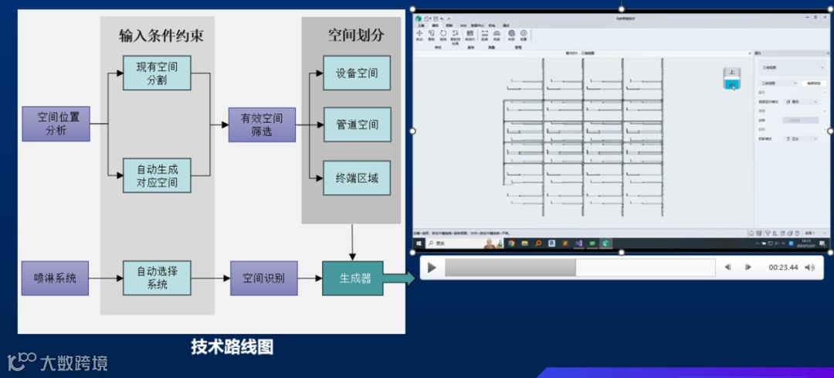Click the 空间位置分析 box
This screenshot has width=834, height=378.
tap(56, 124)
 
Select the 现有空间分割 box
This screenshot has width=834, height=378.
tap(157, 73)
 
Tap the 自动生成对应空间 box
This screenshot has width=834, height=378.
tap(157, 175)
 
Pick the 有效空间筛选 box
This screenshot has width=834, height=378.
tap(262, 124)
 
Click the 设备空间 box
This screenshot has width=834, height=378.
tap(356, 73)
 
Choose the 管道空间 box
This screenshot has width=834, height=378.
tap(356, 124)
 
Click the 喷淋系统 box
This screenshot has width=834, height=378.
tap(55, 278)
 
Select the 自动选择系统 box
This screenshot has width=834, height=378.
tap(157, 278)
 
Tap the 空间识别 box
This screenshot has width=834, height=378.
tap(263, 278)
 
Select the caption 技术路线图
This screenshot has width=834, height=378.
tap(232, 346)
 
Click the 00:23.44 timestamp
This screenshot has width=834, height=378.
tap(782, 267)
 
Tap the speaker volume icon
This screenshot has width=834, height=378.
tap(809, 267)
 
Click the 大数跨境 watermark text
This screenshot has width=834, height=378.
tap(73, 363)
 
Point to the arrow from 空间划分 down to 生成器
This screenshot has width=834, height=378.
tap(353, 242)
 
